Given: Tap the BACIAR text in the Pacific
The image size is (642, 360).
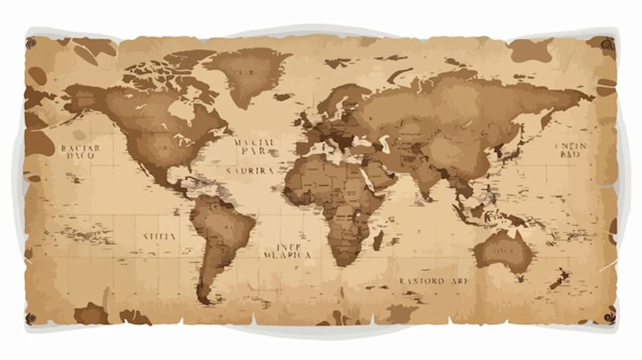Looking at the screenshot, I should pyautogui.click(x=80, y=148).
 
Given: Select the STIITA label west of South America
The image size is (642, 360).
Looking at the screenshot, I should pyautogui.click(x=159, y=236).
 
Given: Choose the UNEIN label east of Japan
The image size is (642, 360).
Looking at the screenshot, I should pyautogui.click(x=571, y=147).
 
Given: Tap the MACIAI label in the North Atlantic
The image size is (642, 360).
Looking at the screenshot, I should pyautogui.click(x=255, y=143).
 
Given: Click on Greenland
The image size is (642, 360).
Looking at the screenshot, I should pyautogui.click(x=243, y=75).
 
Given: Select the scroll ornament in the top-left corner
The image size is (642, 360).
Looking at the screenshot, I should pyautogui.click(x=31, y=42).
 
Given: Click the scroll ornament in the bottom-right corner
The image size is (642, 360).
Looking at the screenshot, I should pyautogui.click(x=610, y=316).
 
